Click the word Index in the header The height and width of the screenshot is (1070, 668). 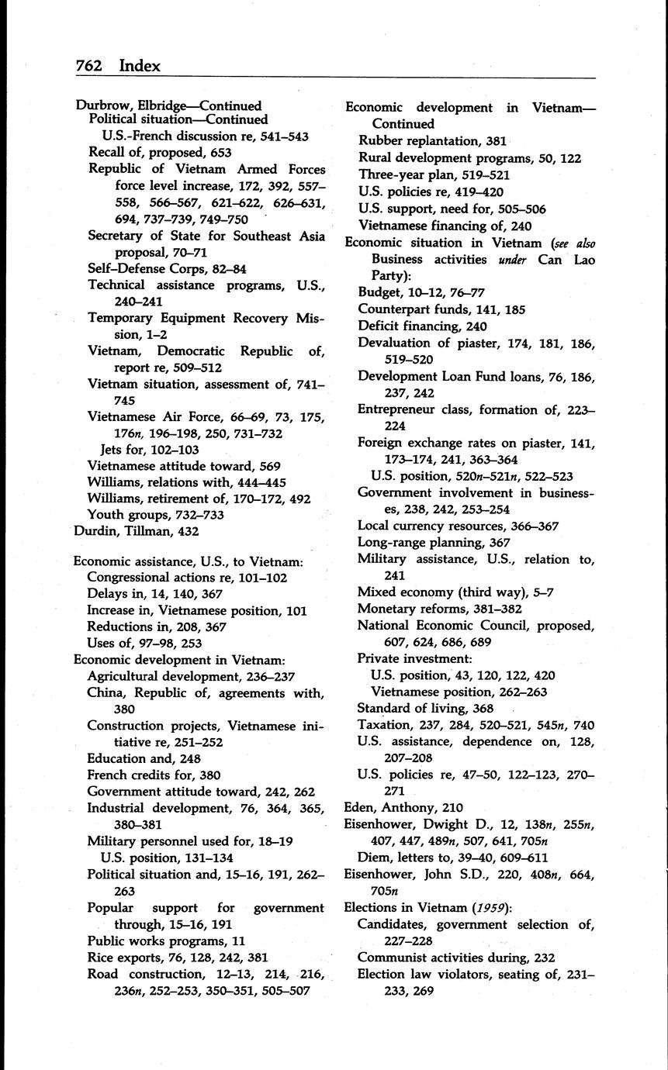click(140, 66)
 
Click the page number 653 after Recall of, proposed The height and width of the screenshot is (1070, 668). click(216, 153)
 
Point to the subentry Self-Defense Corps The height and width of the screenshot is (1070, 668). click(148, 269)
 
